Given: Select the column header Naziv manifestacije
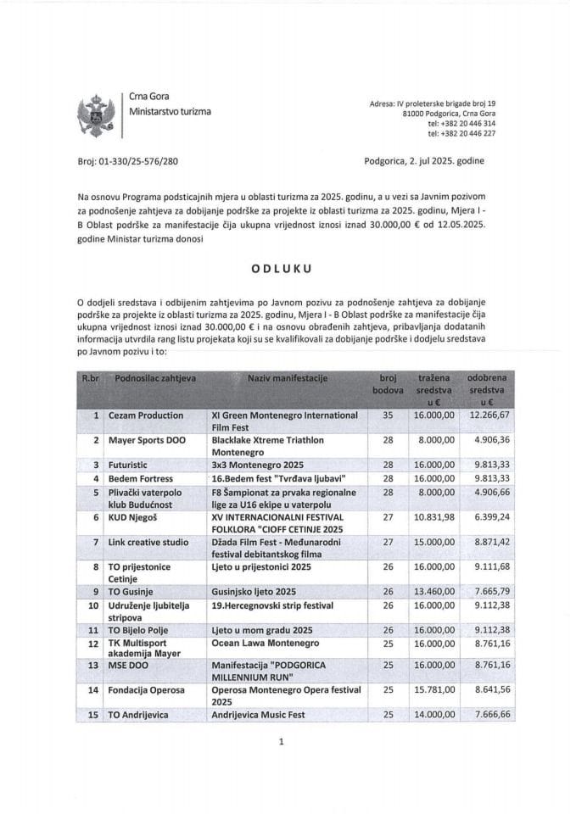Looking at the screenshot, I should click(x=287, y=376).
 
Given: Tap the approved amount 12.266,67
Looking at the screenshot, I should click(x=486, y=415).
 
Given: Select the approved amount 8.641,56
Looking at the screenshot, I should click(x=486, y=690).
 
